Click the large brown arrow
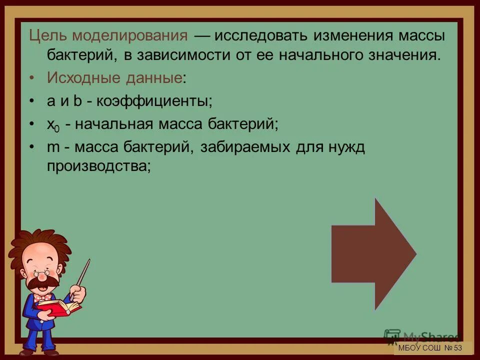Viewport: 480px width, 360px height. (372, 253)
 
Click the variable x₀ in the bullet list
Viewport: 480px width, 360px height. (53, 125)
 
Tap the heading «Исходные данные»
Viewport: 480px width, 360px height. (114, 78)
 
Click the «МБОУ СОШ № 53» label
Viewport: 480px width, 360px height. (429, 348)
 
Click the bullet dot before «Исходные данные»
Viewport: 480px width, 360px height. (32, 78)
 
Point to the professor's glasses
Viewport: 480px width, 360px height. (40, 273)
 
